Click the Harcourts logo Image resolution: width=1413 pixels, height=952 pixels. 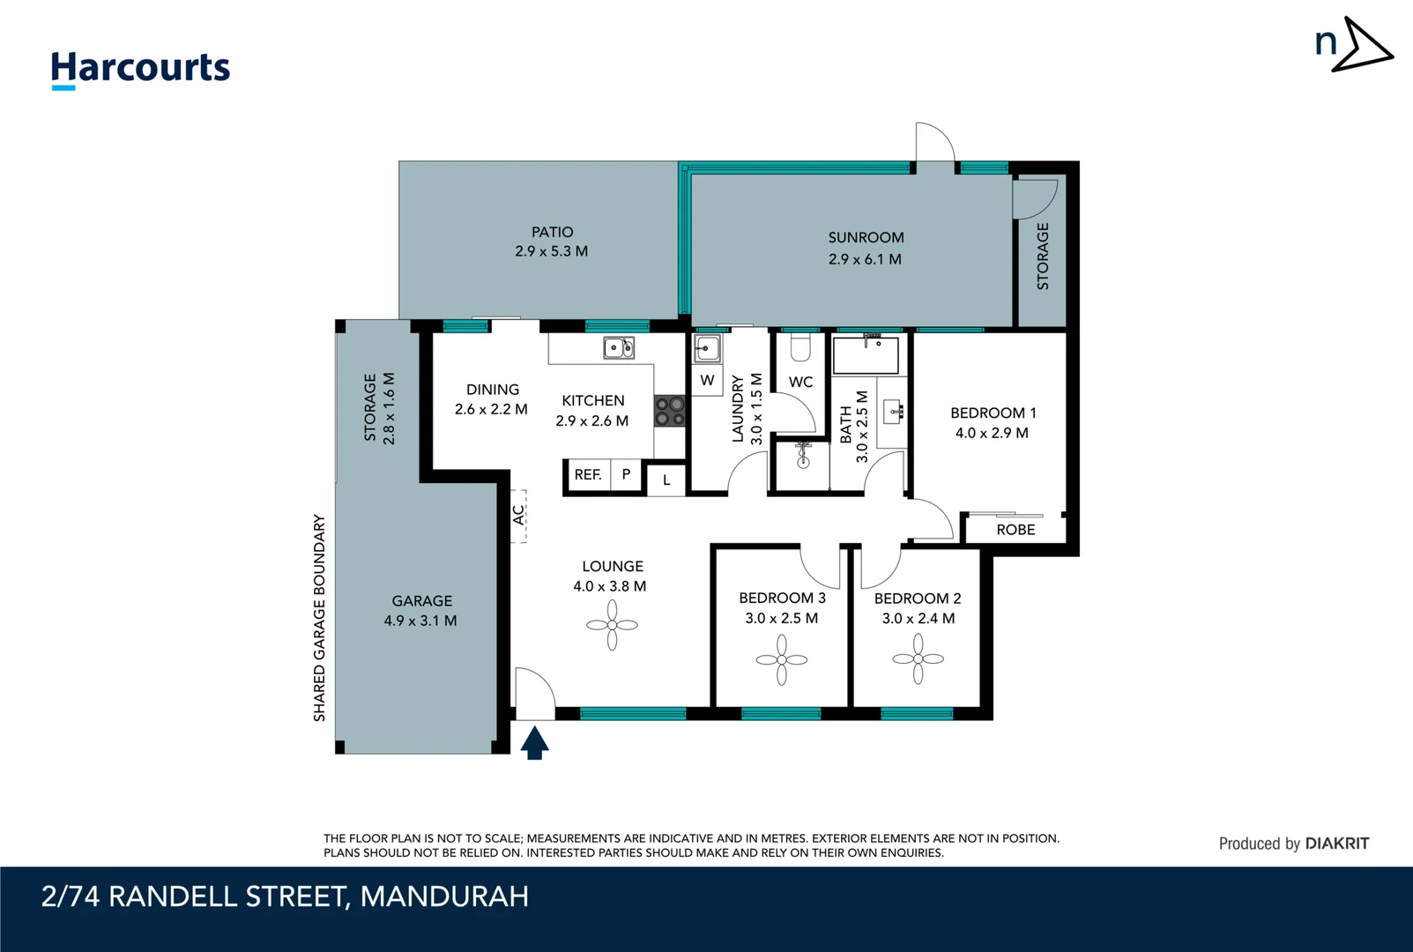(x=140, y=69)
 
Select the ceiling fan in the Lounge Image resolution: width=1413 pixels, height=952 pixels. (x=612, y=625)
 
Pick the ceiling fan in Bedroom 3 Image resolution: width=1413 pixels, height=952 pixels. (x=781, y=659)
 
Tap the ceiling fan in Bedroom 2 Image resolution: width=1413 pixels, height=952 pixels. (x=918, y=658)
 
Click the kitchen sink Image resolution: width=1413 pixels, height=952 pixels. (x=618, y=347)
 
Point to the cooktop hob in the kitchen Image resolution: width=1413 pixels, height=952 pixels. (x=669, y=411)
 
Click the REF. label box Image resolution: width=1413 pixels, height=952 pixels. (x=587, y=474)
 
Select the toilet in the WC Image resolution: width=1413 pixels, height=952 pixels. (x=800, y=348)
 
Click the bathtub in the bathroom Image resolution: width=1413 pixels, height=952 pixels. (x=866, y=354)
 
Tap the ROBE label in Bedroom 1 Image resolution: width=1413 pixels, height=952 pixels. (x=1015, y=530)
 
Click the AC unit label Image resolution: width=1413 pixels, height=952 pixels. (x=518, y=516)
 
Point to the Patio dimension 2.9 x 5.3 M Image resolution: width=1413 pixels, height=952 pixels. (x=551, y=251)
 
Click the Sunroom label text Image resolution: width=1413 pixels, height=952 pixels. (x=866, y=237)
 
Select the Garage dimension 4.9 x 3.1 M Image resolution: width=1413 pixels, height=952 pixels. (x=420, y=621)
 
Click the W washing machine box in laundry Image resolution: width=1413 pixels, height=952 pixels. (x=707, y=381)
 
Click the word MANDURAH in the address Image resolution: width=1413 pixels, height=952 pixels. (x=444, y=896)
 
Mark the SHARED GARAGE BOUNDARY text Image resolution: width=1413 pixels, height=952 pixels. (x=319, y=618)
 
